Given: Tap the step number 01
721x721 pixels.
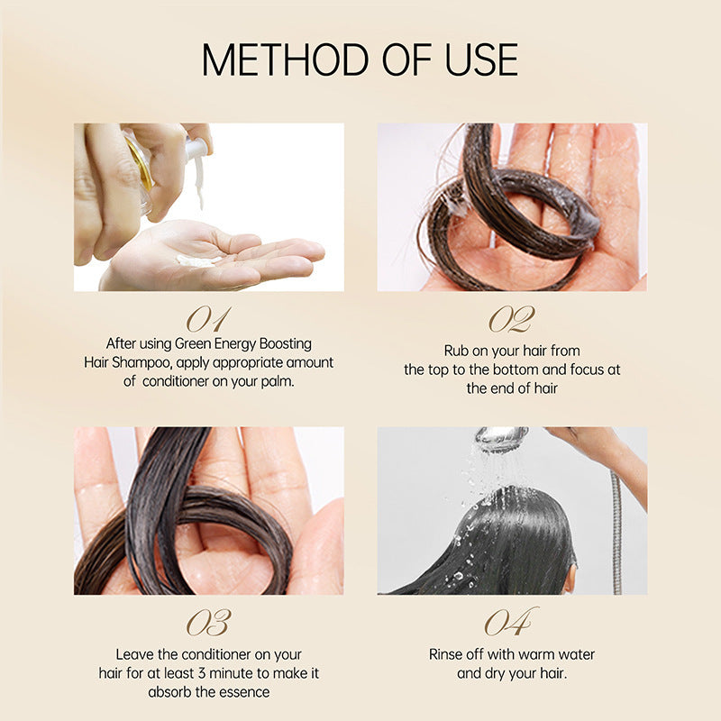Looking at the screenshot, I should [x=208, y=319].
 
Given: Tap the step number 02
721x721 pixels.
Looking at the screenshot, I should [x=511, y=319].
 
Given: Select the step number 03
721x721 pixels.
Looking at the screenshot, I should [x=208, y=623].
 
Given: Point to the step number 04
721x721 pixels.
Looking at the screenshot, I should [x=511, y=623].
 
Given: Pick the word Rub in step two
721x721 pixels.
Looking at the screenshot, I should [x=456, y=351].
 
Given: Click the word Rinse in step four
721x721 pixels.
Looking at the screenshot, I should [x=447, y=654].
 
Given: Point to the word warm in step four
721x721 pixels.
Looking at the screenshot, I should [x=526, y=654].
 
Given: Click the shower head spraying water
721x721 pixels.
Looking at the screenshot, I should [x=501, y=440].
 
